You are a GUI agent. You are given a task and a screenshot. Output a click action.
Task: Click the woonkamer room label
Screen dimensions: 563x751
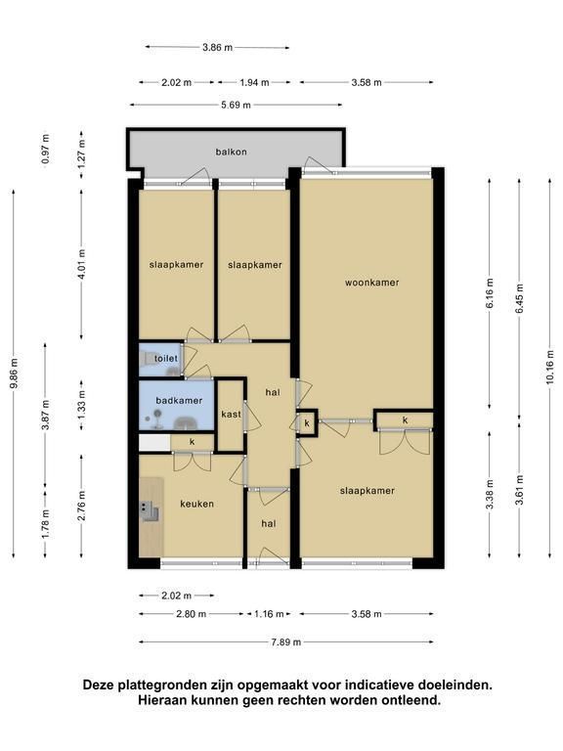click(372, 283)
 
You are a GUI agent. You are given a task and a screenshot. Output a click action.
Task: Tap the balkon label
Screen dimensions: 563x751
click(232, 152)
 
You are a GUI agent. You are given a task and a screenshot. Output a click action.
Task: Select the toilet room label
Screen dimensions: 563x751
click(166, 358)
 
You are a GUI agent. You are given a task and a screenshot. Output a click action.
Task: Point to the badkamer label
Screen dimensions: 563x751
click(179, 400)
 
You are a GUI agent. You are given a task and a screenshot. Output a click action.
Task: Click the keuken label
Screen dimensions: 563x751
click(196, 504)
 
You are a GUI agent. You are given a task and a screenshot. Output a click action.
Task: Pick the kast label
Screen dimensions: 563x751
click(232, 414)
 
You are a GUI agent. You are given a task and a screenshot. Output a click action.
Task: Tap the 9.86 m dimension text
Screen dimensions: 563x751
click(14, 374)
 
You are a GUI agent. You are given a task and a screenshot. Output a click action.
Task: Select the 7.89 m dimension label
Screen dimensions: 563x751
click(286, 642)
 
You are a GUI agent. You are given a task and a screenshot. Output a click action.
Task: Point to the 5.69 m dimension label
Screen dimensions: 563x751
click(236, 105)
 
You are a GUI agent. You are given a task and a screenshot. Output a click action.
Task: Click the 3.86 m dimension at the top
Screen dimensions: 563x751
click(217, 47)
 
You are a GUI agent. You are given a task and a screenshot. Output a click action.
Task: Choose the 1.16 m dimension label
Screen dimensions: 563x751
click(269, 614)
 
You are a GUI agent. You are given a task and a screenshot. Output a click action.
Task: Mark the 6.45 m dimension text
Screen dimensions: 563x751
click(520, 298)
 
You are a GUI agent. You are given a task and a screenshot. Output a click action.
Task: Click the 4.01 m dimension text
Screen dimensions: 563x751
click(81, 264)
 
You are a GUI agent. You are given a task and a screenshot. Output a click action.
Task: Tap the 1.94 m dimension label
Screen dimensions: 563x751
click(255, 82)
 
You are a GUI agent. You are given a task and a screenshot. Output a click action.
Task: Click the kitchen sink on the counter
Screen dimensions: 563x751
click(150, 511)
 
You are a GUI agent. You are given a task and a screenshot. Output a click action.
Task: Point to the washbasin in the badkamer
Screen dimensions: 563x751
click(186, 423)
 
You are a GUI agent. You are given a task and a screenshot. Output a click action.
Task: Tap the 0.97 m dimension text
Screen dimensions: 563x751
click(46, 149)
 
